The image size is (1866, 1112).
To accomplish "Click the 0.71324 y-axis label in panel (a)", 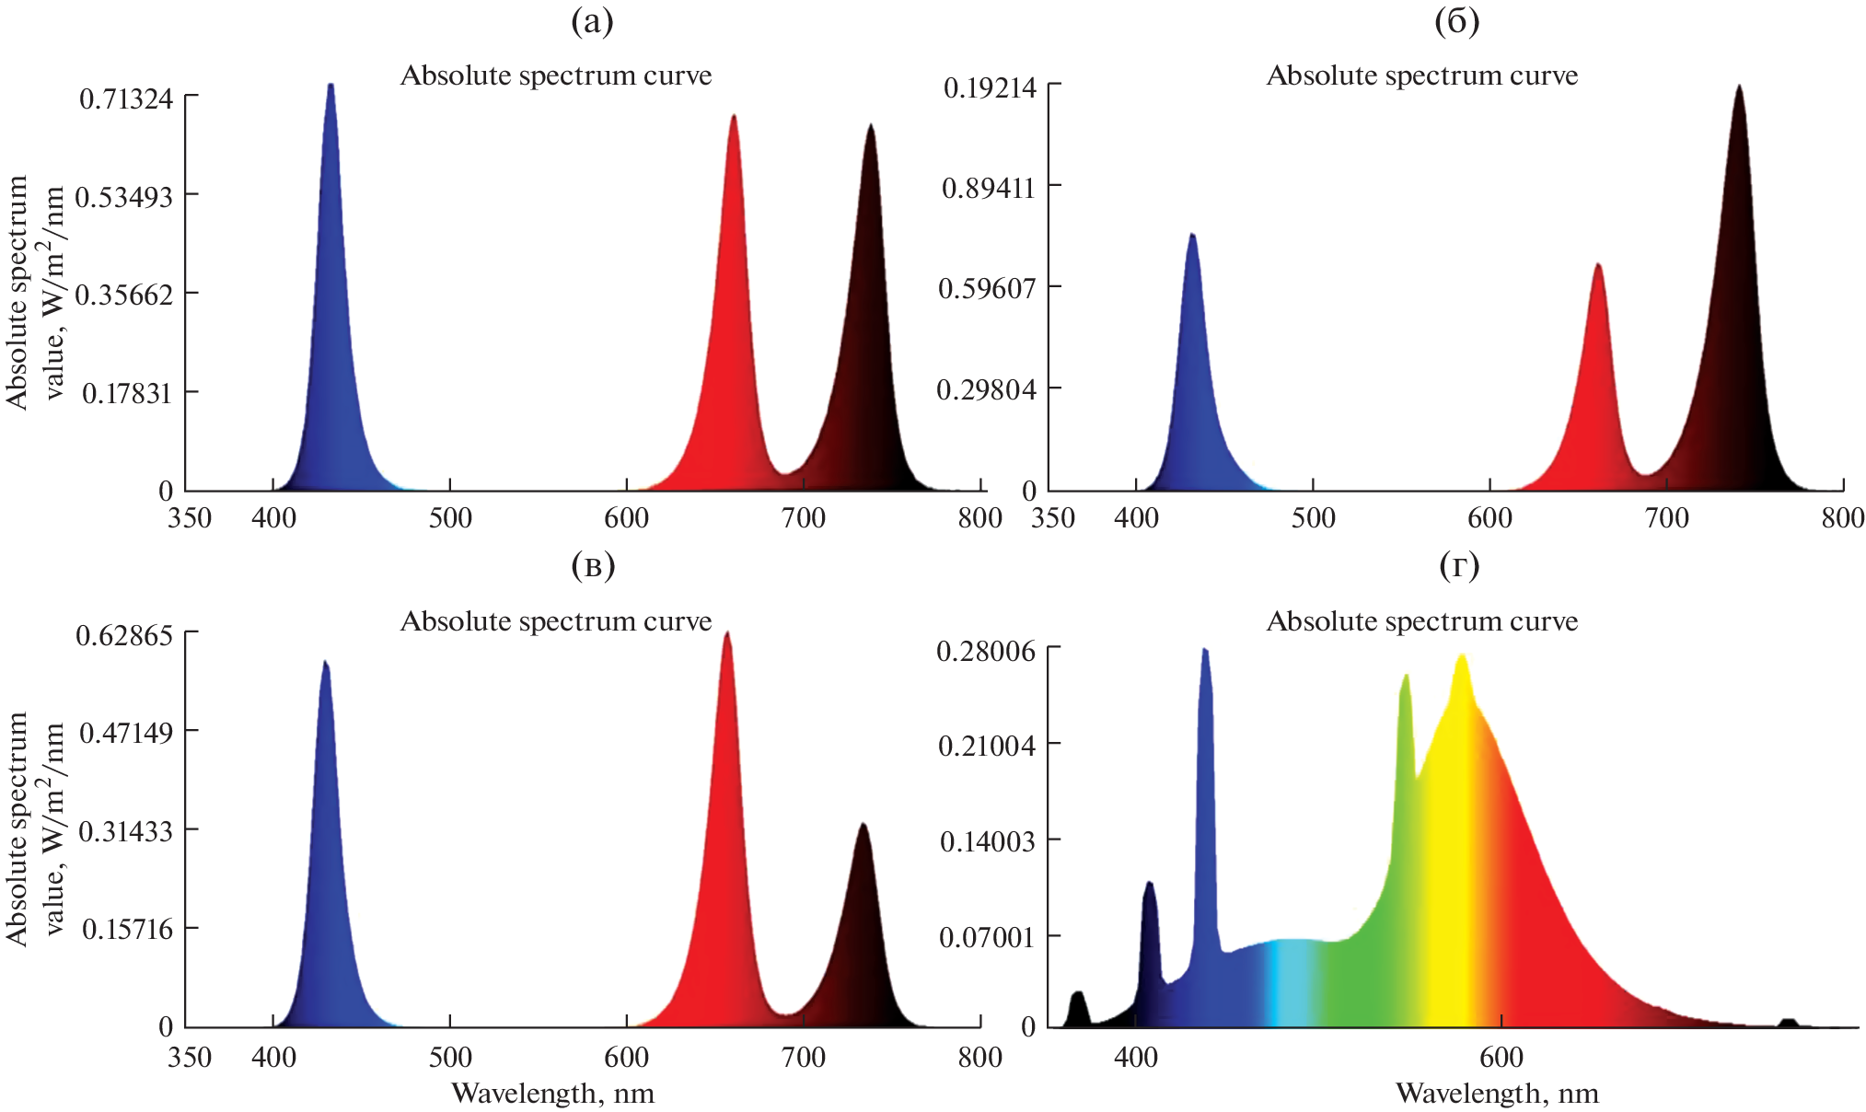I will pos(126,98).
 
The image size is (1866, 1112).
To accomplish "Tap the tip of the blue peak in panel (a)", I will pos(330,86).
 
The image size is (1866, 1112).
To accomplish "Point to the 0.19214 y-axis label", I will pos(990,88).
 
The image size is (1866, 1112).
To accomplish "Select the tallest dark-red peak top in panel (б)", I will pos(1738,87).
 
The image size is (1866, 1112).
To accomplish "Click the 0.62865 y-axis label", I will pos(124,635).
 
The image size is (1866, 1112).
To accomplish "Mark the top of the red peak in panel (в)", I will pos(727,633).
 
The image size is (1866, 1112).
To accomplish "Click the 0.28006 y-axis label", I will pos(986,652).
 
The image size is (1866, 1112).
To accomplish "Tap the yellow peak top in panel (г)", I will pos(1461,656).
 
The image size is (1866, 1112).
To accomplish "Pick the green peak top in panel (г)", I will pos(1406,677).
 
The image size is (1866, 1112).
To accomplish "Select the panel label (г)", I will pos(1458,566).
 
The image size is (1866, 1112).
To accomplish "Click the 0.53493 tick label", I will pos(123,197).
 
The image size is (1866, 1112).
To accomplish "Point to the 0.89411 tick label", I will pos(988,189).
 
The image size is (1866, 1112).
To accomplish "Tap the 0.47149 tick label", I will pos(126,734).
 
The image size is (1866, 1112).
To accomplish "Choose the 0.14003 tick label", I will pos(987,841).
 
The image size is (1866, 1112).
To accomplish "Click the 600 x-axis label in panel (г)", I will pos(1501,1057).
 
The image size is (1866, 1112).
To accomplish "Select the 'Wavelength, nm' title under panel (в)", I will pos(552,1094).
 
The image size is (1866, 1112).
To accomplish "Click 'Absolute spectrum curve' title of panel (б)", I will pos(1421,75).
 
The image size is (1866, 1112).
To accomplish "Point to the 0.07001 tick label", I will pos(987,938).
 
